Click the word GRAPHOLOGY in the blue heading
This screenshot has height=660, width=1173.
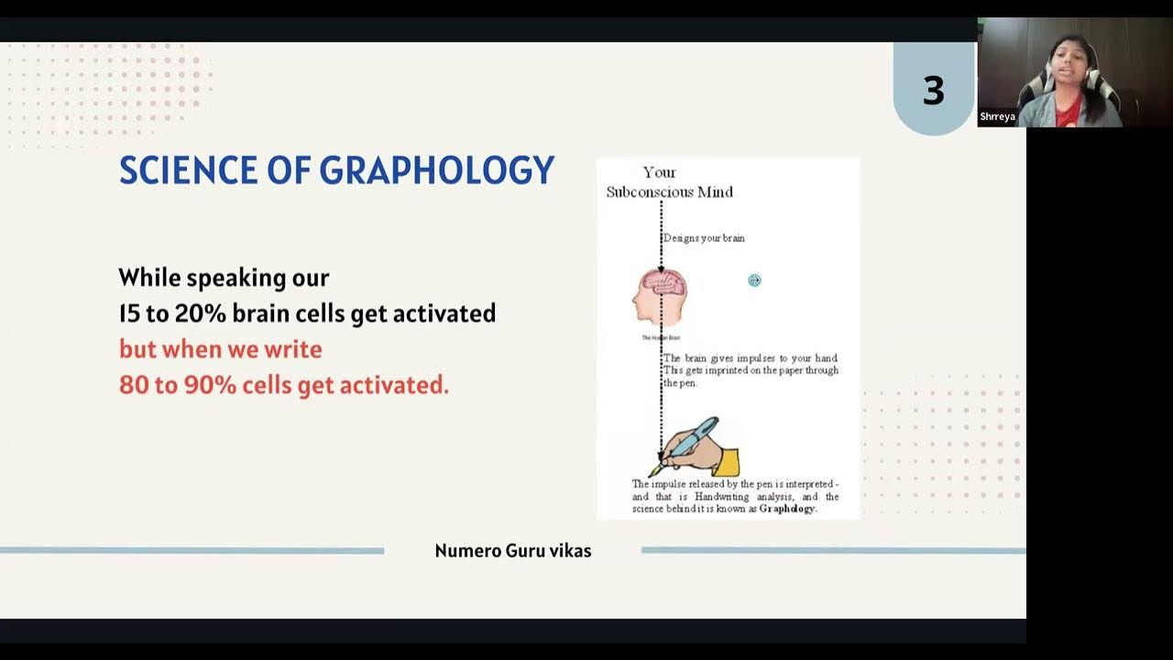(436, 170)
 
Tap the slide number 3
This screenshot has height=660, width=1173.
(933, 91)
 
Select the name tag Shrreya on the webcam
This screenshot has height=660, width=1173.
(997, 117)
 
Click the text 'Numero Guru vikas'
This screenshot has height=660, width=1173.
(512, 551)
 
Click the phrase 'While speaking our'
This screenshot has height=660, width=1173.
(224, 277)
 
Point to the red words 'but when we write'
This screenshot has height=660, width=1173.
(220, 349)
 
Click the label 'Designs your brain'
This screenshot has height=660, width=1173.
(704, 238)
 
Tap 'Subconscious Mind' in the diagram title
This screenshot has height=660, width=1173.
(669, 192)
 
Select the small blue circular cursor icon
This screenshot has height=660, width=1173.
(754, 280)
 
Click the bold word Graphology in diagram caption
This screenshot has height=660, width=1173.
(786, 509)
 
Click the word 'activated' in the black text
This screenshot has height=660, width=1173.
(444, 313)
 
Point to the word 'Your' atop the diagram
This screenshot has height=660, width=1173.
(659, 172)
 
